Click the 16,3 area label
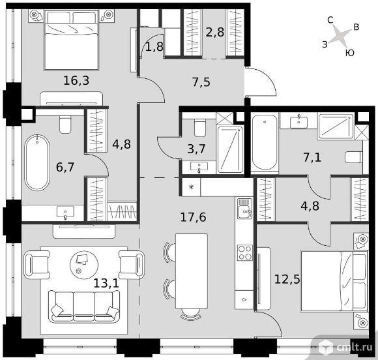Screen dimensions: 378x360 pos(76,80)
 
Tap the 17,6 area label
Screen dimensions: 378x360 pos(193,217)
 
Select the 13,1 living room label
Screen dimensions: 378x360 pos(106,283)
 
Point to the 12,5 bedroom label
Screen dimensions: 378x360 pos(287,279)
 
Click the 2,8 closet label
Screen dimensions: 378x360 pos(215,32)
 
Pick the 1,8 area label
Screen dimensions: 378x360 pos(154,46)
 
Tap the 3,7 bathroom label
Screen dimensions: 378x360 pos(196,149)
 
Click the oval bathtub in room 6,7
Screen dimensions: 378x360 pos(37,162)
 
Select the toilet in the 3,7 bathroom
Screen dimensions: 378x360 pos(200,128)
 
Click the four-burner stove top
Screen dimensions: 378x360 pos(244,252)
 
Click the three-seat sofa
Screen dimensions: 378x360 pos(84,306)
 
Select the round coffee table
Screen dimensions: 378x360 pos(84,265)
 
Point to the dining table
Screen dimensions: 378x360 pos(192,271)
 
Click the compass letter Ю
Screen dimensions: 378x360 pos(350,53)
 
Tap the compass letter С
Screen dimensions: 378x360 pos(330,20)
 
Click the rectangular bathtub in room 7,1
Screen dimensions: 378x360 pos(265,142)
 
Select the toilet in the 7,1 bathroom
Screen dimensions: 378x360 pos(354,157)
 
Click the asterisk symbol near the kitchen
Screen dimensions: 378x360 pos(191,187)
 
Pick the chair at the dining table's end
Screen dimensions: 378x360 pos(191,314)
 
